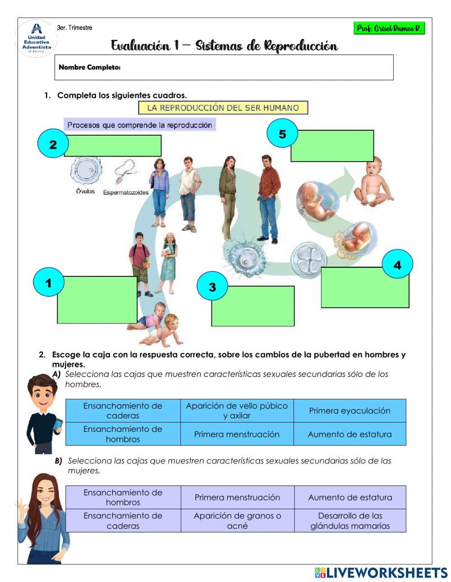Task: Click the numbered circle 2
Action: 53,144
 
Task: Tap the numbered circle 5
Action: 282,134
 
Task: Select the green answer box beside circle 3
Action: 253,306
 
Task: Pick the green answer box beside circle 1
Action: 97,300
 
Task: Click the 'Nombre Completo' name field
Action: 224,68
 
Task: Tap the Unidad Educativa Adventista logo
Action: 37,39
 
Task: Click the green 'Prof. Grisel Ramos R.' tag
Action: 389,28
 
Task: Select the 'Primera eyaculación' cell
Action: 350,411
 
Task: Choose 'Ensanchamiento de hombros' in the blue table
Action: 123,434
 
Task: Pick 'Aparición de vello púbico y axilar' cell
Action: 237,411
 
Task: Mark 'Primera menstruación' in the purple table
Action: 237,497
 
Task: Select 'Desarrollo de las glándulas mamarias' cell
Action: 350,521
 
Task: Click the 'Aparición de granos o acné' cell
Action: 237,521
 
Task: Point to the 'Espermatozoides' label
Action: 126,192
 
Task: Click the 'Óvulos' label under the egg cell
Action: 85,191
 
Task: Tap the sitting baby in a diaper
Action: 373,183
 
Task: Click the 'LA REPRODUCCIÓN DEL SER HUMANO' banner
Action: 223,108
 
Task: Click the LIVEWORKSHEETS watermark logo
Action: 381,573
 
